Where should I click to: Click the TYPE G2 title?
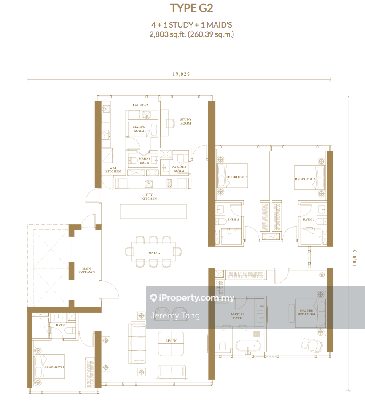[x=192, y=8]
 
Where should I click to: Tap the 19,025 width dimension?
[x=181, y=74]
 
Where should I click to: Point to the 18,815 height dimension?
[x=354, y=258]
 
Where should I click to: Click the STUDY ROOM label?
[x=185, y=121]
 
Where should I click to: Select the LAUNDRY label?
[x=140, y=105]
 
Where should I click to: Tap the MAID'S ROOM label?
[x=139, y=129]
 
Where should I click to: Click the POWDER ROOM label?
[x=179, y=169]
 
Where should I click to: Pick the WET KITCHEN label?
[x=113, y=170]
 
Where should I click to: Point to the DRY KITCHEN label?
[x=149, y=196]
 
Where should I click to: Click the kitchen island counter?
[x=153, y=212]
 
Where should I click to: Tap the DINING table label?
[x=153, y=253]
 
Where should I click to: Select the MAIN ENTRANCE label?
[x=87, y=270]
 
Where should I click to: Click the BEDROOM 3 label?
[x=237, y=177]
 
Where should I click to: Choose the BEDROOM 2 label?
[x=305, y=179]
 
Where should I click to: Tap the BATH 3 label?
[x=233, y=220]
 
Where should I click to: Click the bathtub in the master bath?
[x=248, y=346]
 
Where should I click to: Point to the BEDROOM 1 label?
[x=54, y=367]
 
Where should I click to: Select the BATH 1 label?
[x=62, y=325]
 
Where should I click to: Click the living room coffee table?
[x=171, y=344]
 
